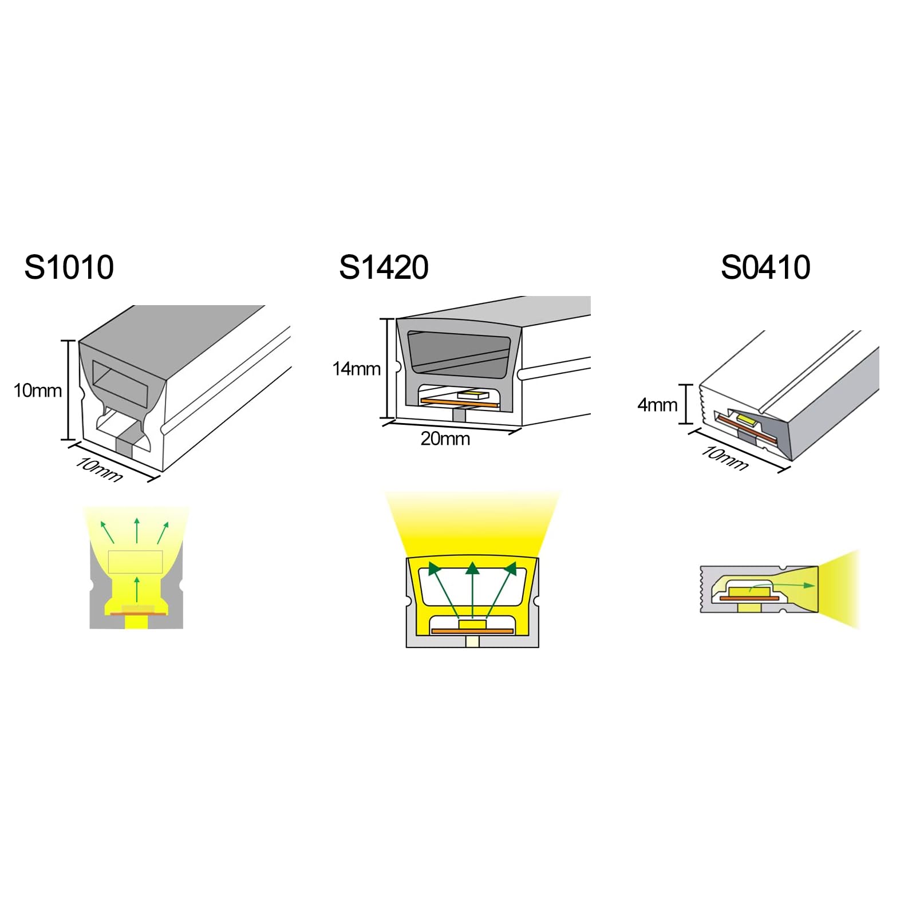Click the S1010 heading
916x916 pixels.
click(69, 267)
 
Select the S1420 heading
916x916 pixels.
click(384, 267)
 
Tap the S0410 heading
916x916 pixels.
click(765, 267)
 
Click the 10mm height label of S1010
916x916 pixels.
click(38, 390)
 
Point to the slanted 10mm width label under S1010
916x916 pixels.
click(99, 470)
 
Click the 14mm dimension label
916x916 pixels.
click(357, 369)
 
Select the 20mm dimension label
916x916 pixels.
click(445, 439)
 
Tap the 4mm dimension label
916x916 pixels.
click(657, 405)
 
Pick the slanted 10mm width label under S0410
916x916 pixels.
click(725, 459)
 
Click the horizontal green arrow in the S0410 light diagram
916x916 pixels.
click(781, 585)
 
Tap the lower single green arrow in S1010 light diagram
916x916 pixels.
click(137, 589)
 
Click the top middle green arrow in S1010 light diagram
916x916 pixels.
click(137, 530)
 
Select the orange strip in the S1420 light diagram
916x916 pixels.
click(472, 631)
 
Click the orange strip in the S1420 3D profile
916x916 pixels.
click(452, 402)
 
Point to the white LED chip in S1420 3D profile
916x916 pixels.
click(473, 394)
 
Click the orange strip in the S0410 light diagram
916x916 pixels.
click(749, 598)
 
